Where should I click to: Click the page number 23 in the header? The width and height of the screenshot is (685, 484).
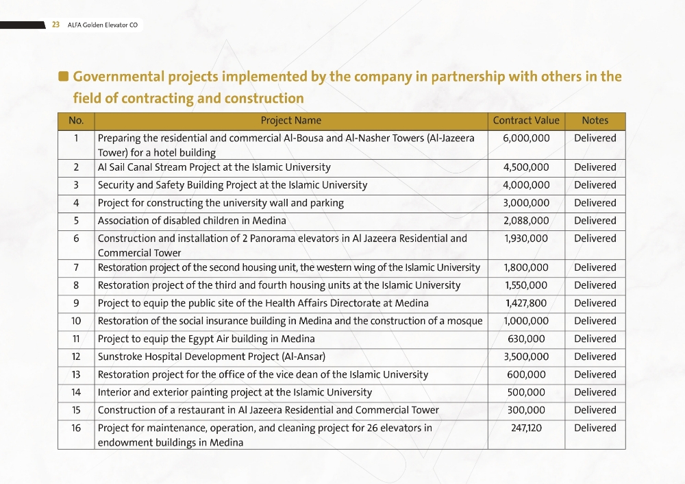pyautogui.click(x=56, y=25)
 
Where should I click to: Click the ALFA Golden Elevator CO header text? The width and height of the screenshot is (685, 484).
pyautogui.click(x=103, y=25)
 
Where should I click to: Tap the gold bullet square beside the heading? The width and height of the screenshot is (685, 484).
pyautogui.click(x=64, y=76)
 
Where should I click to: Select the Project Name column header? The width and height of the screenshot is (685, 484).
pyautogui.click(x=290, y=121)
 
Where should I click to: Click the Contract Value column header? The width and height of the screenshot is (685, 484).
pyautogui.click(x=526, y=121)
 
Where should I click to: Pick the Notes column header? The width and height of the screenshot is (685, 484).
pyautogui.click(x=595, y=121)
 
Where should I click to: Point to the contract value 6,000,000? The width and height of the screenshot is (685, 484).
pyautogui.click(x=526, y=138)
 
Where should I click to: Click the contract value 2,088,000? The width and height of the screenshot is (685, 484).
pyautogui.click(x=526, y=221)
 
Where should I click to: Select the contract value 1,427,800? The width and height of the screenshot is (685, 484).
pyautogui.click(x=526, y=303)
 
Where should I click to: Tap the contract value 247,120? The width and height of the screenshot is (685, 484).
pyautogui.click(x=526, y=428)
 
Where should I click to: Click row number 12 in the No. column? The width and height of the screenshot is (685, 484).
pyautogui.click(x=76, y=356)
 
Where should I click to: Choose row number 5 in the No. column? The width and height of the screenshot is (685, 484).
pyautogui.click(x=76, y=221)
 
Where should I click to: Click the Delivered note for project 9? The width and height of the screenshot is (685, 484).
pyautogui.click(x=595, y=303)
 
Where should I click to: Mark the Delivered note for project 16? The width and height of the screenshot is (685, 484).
pyautogui.click(x=595, y=428)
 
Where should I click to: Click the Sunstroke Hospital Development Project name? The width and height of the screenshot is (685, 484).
pyautogui.click(x=211, y=356)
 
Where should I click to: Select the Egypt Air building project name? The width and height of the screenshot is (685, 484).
pyautogui.click(x=206, y=339)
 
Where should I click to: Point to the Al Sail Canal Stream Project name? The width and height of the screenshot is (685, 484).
pyautogui.click(x=214, y=167)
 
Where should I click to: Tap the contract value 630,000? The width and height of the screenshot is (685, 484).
pyautogui.click(x=526, y=339)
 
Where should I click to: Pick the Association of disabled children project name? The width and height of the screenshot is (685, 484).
pyautogui.click(x=192, y=221)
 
